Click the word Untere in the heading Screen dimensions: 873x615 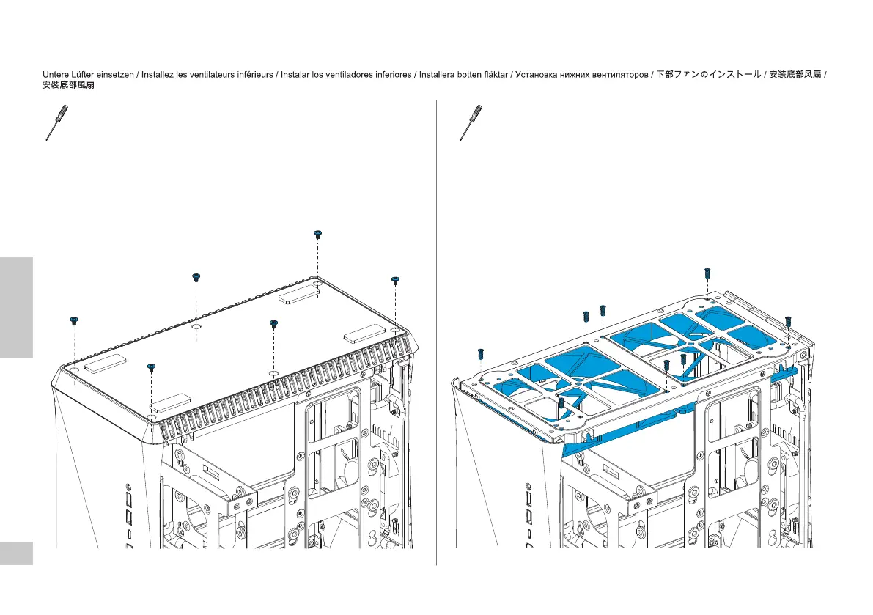pos(56,75)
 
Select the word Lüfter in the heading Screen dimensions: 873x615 pos(84,75)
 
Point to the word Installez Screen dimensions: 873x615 pos(158,75)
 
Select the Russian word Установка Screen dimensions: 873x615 pos(535,75)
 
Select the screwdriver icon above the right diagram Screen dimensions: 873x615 pos(471,122)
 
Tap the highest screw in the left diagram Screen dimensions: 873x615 pos(317,234)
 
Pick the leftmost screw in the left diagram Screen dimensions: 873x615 pos(73,320)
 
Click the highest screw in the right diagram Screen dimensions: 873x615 pos(707,273)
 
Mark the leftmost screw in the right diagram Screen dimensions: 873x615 pos(480,353)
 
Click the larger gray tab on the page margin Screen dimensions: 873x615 pos(16,306)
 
